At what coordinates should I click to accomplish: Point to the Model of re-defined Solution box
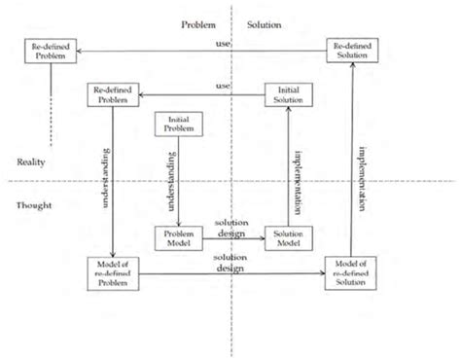pyautogui.click(x=350, y=273)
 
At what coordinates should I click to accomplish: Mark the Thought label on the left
pyautogui.click(x=34, y=205)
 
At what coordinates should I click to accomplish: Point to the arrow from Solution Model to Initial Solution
pyautogui.click(x=288, y=175)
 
